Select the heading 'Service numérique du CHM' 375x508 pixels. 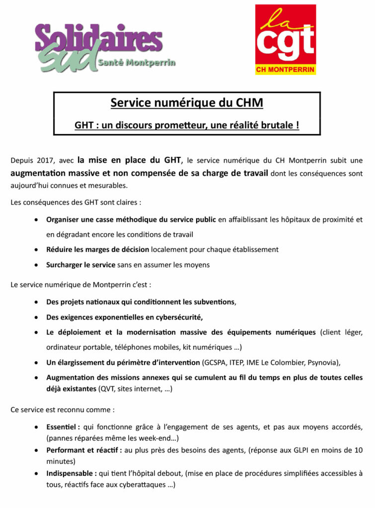187,103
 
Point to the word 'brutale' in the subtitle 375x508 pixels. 279,125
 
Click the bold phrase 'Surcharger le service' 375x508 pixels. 81,265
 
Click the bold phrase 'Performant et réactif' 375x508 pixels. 83,450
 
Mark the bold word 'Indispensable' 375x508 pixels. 69,473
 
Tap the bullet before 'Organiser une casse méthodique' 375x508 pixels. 37,219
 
